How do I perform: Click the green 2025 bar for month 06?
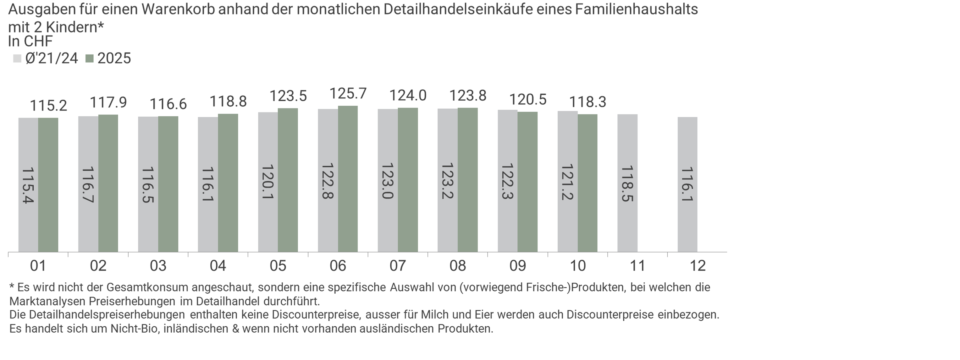pos(348,179)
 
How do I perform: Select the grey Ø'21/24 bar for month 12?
pos(687,185)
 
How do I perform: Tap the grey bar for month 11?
pos(627,183)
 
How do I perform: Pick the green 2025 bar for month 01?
pos(48,185)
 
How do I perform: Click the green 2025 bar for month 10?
pos(587,183)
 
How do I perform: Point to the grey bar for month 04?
pos(207,185)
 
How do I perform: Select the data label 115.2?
pos(48,106)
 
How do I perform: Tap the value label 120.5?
pos(528,99)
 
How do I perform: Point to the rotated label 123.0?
pos(388,181)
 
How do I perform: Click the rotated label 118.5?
pos(627,184)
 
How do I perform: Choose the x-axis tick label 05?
pos(278,266)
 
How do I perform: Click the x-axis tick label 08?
pos(458,266)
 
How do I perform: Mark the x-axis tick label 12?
pos(698,266)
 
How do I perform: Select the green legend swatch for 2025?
pos(90,58)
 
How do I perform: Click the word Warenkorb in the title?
pos(178,9)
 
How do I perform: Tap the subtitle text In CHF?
pos(30,42)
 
